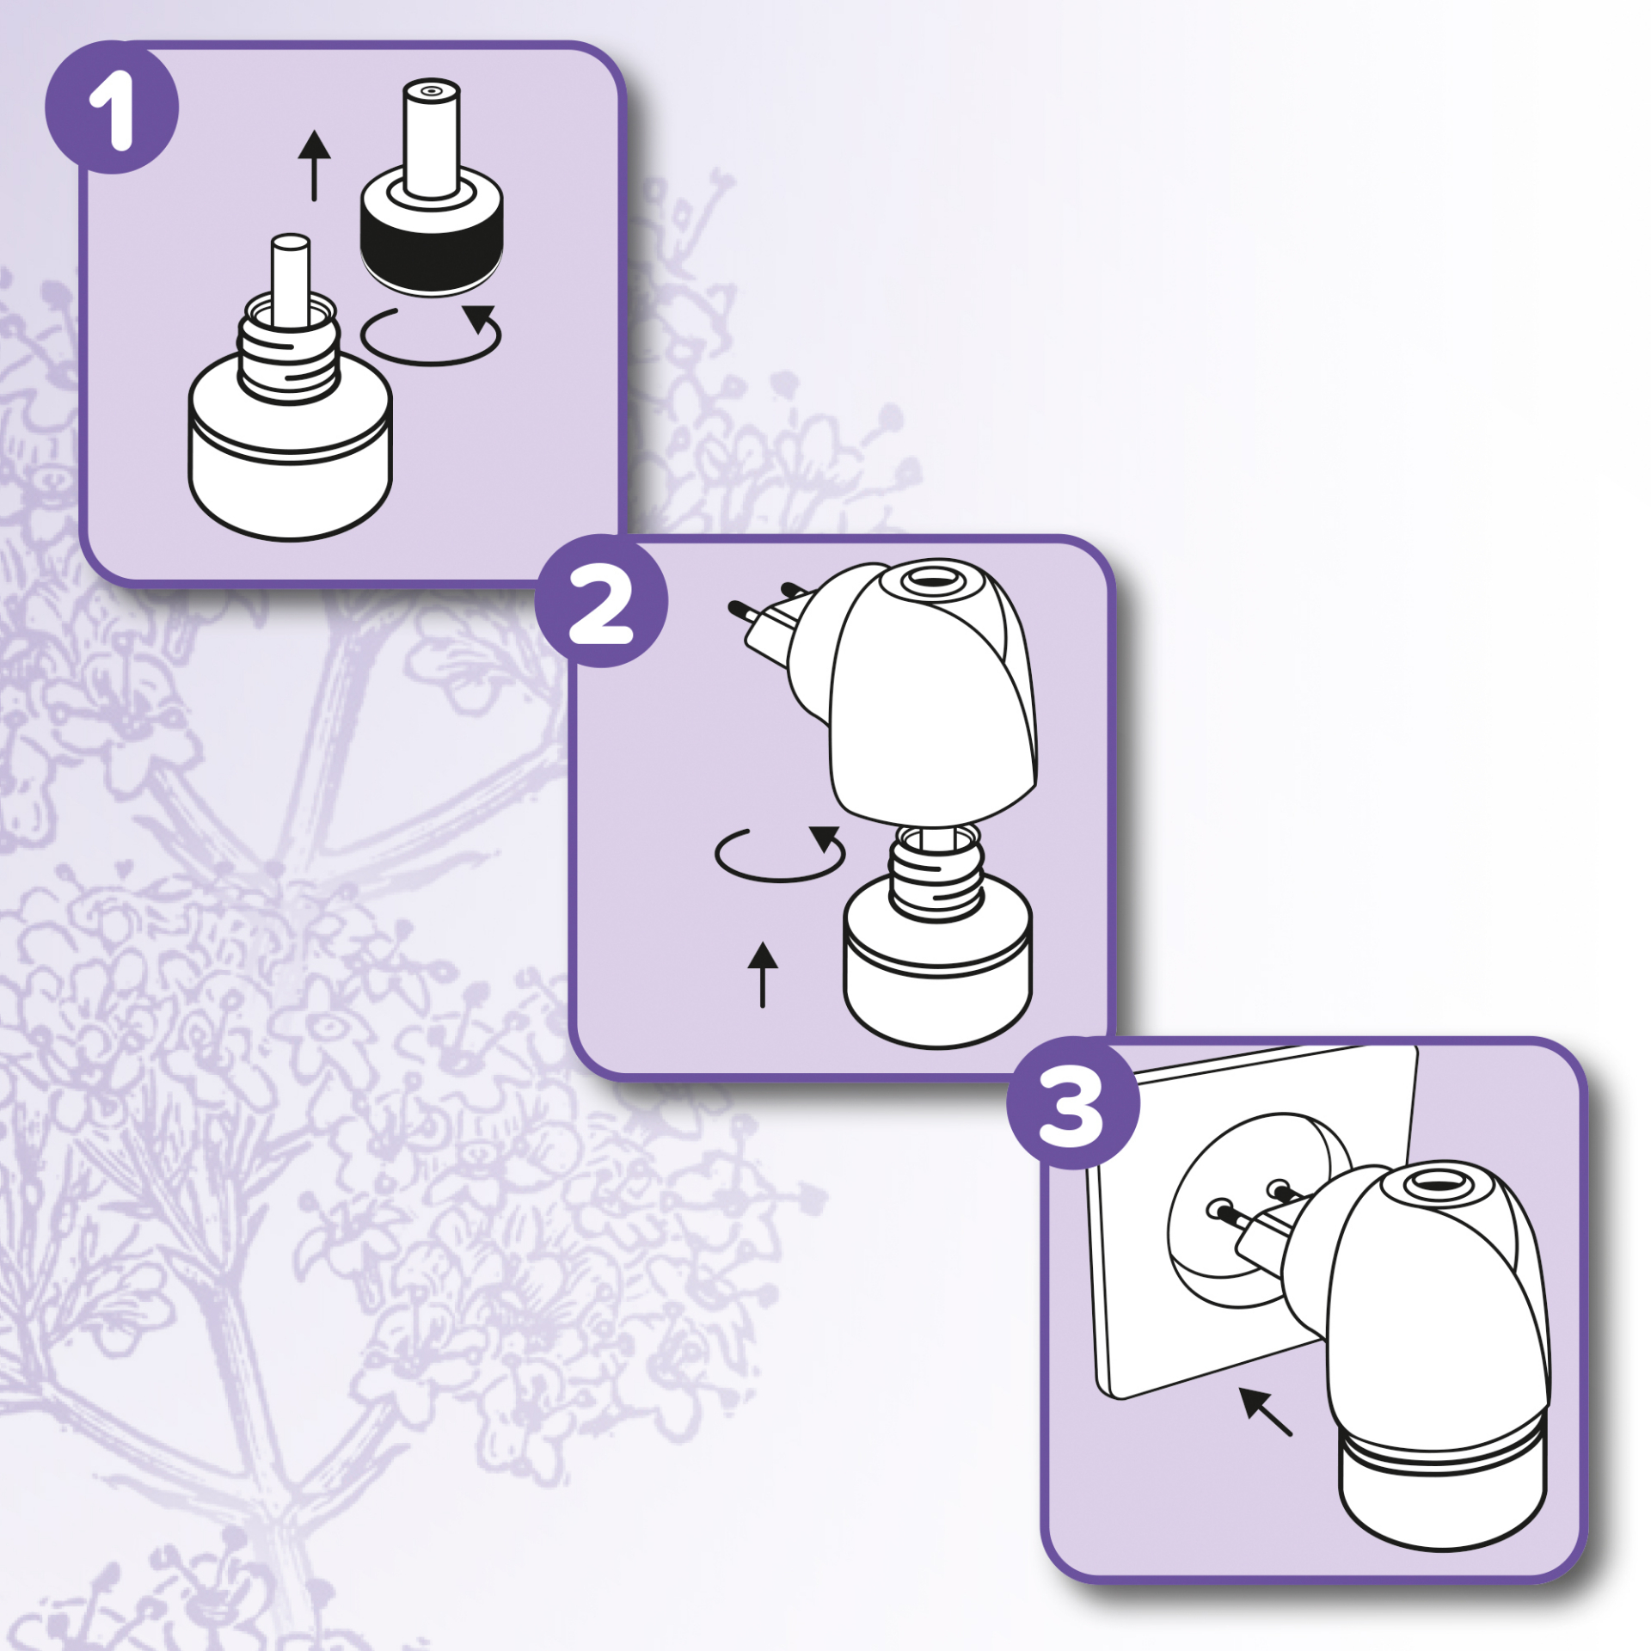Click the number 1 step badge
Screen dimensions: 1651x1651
(112, 107)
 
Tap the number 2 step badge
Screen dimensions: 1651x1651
(601, 600)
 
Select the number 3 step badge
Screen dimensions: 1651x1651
(1073, 1103)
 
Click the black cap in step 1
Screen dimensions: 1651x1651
(431, 245)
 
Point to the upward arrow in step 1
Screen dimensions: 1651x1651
(315, 165)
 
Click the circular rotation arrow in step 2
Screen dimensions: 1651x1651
(778, 877)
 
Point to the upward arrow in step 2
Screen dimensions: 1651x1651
(763, 974)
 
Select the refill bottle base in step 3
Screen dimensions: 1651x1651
(1443, 1479)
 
